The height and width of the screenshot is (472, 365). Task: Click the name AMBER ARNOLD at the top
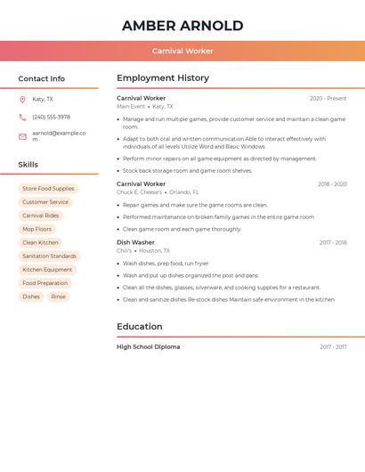pos(182,25)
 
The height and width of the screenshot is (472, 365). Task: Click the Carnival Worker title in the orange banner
pos(182,51)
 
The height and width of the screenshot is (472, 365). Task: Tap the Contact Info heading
pos(41,78)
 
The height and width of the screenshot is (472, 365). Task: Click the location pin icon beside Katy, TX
pos(22,100)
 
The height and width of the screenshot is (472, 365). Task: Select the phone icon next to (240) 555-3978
pos(22,117)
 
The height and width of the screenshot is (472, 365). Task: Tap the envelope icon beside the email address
pos(22,136)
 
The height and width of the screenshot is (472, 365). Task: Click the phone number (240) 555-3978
pos(51,117)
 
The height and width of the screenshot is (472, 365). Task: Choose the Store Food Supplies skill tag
pos(48,189)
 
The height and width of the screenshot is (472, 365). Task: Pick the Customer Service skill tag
pos(45,202)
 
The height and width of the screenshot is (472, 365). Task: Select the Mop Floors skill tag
pos(37,229)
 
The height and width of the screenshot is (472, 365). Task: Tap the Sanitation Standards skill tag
pos(49,256)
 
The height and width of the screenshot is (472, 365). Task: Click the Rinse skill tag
pos(58,297)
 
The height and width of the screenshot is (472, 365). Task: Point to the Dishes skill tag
pos(31,297)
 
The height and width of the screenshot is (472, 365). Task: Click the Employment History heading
pos(163,78)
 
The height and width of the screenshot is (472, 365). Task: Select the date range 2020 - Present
pos(328,99)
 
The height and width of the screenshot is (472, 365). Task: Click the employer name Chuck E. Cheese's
pos(139,192)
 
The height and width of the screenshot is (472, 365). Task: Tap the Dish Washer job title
pos(135,242)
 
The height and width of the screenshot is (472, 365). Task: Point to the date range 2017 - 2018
pos(333,242)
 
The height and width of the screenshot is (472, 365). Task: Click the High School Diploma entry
pos(148,346)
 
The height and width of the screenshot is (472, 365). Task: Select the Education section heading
pos(140,327)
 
